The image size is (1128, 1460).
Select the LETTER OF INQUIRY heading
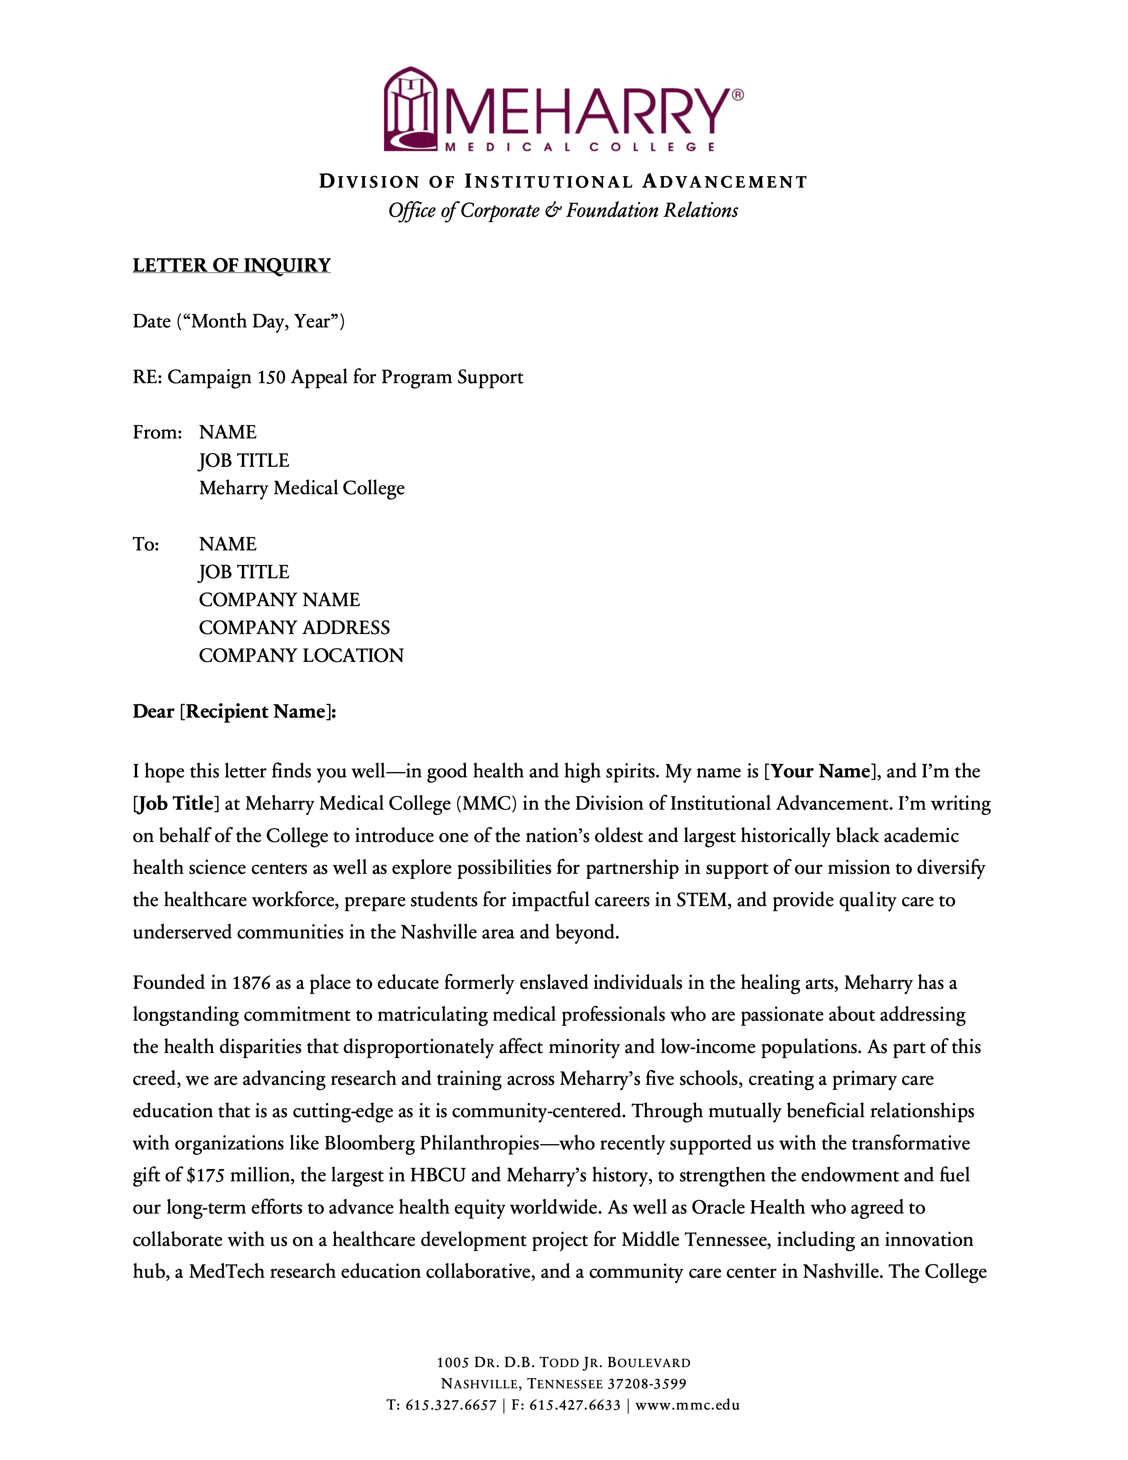(x=231, y=265)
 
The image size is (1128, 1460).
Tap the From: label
(x=157, y=433)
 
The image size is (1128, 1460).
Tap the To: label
(x=146, y=544)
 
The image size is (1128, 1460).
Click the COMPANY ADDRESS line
(x=294, y=628)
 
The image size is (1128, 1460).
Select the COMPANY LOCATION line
(x=301, y=656)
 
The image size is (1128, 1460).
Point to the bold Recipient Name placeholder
(x=256, y=711)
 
